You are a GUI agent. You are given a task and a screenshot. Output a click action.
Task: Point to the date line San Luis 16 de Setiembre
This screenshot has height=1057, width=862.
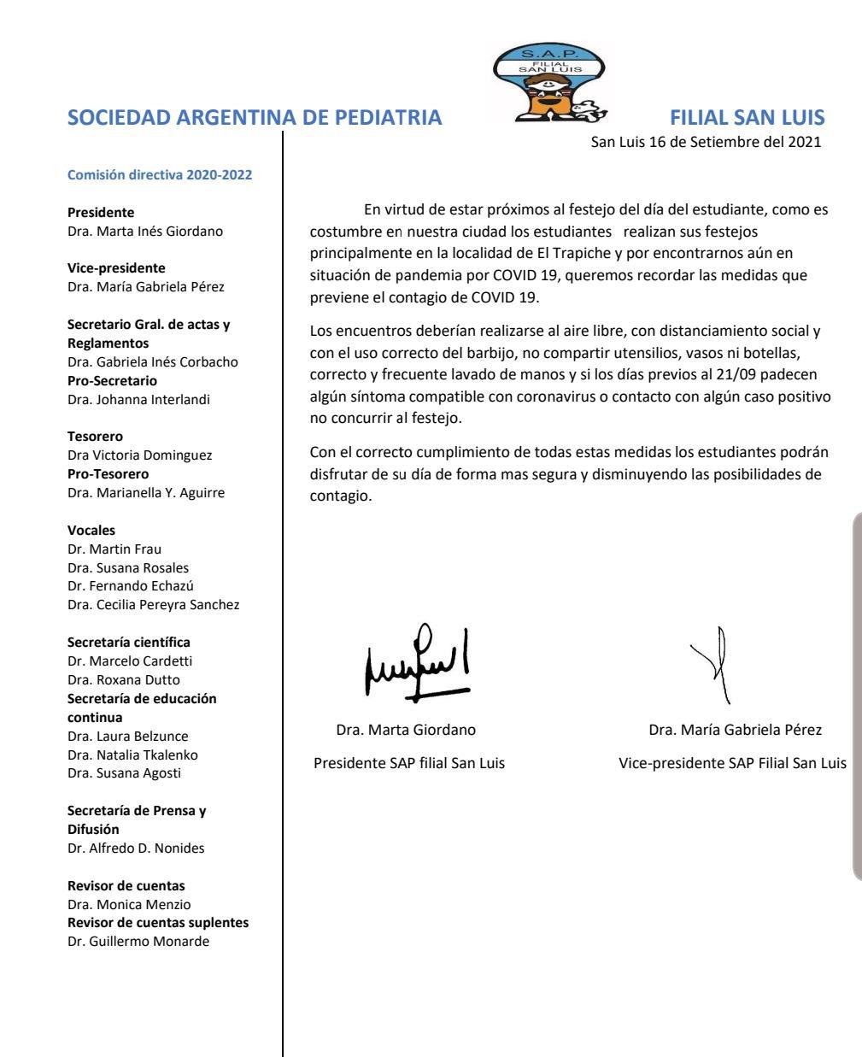pos(706,142)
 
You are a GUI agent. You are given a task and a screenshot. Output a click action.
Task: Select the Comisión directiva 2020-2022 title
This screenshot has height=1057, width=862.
pos(160,176)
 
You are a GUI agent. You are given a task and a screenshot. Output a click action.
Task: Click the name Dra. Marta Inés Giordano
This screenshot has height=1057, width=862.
pos(145,231)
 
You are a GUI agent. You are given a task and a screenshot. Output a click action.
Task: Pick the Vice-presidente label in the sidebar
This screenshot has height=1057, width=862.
pos(116,268)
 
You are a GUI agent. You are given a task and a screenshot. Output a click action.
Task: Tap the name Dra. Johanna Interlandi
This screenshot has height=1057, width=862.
pos(138,399)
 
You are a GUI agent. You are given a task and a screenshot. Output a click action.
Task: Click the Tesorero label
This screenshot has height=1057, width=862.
pos(96,437)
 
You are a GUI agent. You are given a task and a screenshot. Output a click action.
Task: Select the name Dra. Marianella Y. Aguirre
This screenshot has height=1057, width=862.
pos(146,492)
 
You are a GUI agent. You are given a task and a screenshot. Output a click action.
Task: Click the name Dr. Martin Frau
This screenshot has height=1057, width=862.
pos(114,549)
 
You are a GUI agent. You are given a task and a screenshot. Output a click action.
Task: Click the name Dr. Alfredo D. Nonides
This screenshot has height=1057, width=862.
pos(136,849)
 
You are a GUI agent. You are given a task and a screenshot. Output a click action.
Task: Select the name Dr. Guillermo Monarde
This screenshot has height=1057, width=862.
pos(138,942)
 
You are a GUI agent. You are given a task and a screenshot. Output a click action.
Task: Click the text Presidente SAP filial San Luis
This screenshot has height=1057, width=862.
pos(409,764)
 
